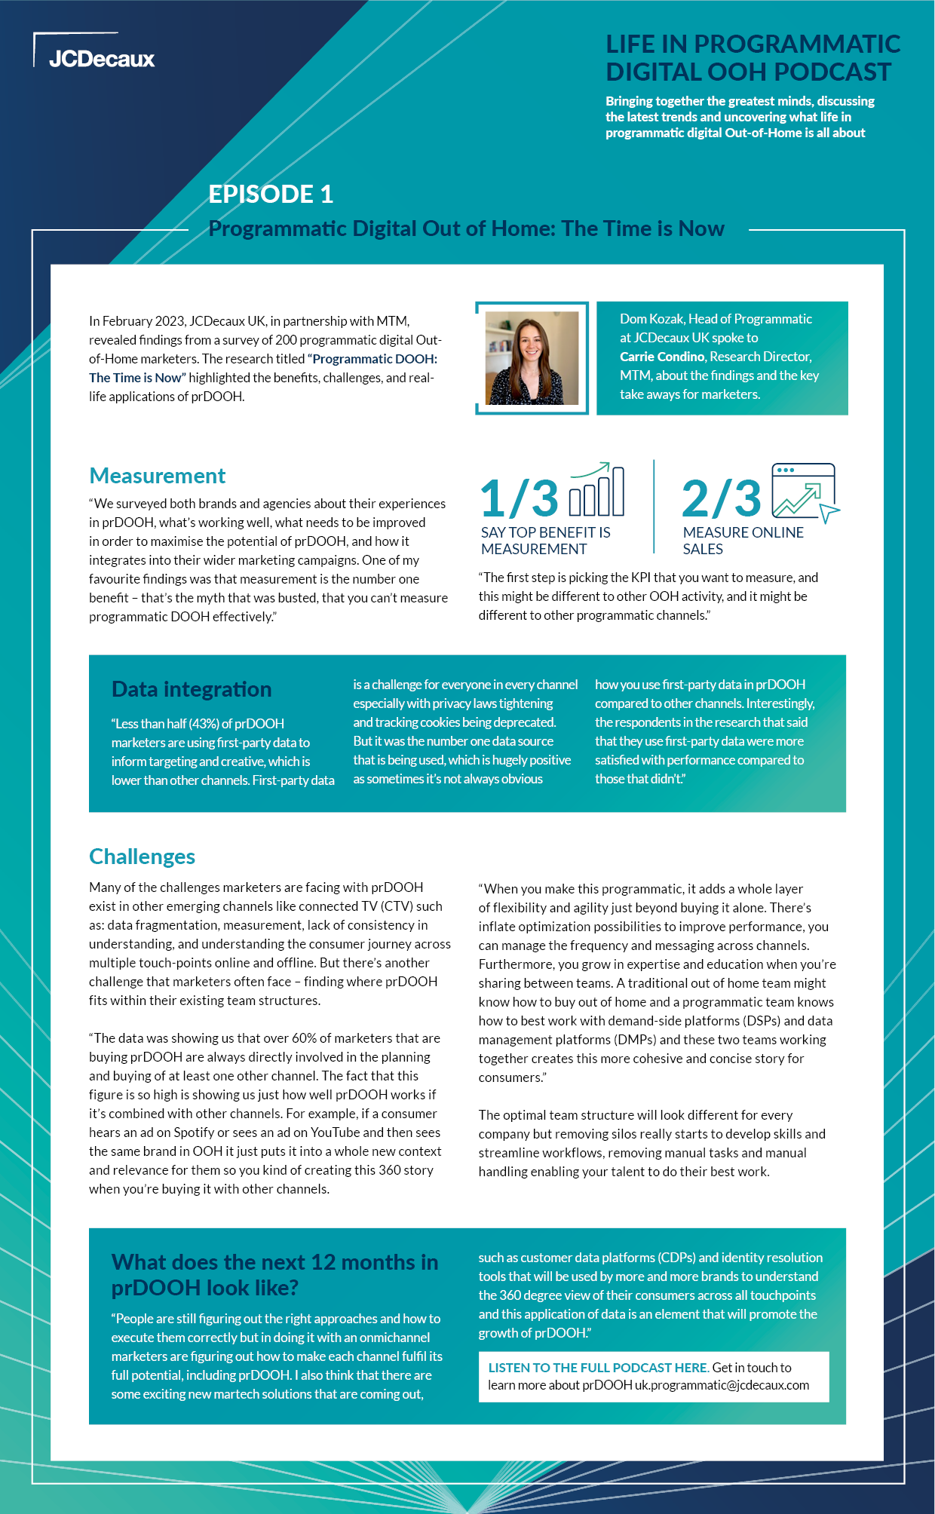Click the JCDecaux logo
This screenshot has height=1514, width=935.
(x=101, y=59)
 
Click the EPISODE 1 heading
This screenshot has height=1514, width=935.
(x=271, y=195)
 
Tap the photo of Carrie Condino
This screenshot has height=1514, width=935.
(x=532, y=358)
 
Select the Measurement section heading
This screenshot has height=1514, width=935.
(x=157, y=476)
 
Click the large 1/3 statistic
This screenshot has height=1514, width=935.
(x=520, y=498)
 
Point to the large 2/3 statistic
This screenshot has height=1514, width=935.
(x=721, y=498)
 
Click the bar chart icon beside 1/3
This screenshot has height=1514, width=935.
(x=596, y=490)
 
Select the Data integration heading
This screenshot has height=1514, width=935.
(x=192, y=689)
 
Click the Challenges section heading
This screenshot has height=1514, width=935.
(x=142, y=857)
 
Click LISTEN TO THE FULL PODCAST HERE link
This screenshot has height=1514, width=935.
(x=597, y=1368)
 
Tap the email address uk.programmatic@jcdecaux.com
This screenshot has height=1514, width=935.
(x=722, y=1385)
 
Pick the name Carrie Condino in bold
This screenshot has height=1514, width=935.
(x=661, y=357)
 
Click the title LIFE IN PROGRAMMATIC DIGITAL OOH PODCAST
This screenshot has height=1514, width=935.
(x=752, y=58)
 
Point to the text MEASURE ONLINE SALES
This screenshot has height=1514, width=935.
(x=743, y=541)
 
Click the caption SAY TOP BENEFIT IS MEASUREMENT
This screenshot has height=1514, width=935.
(x=545, y=541)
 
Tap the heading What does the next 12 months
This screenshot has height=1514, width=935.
(x=274, y=1275)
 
